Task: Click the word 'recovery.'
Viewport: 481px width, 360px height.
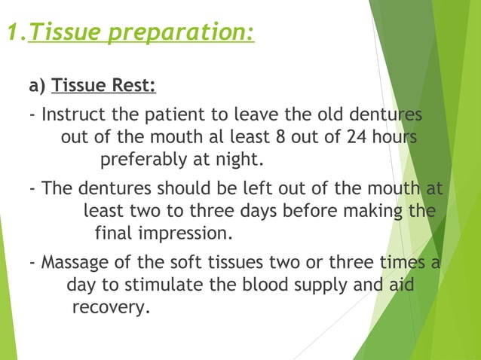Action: point(110,307)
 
